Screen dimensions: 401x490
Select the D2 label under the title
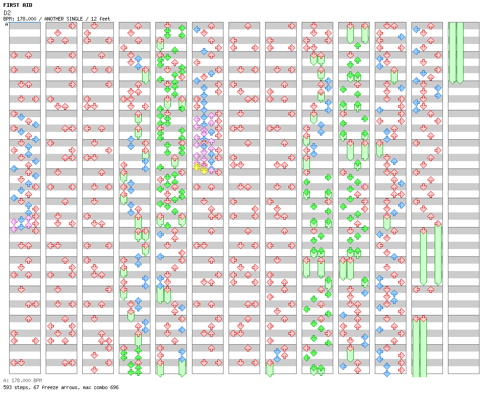[7, 12]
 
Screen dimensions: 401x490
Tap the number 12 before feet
[94, 19]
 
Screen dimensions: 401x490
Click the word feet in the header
[105, 19]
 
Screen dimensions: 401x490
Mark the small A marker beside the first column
[7, 24]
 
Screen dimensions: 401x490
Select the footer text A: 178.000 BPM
[22, 380]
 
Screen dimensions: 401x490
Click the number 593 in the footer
[7, 387]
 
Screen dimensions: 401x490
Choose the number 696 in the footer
[114, 387]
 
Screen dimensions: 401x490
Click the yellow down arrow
[204, 171]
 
